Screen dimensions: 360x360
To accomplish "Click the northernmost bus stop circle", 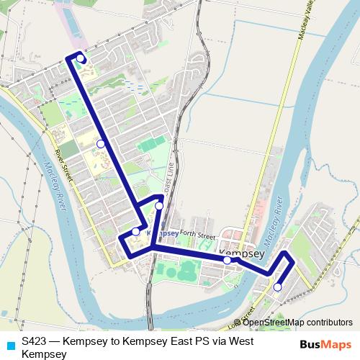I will pyautogui.click(x=81, y=58).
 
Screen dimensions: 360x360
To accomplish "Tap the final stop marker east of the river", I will pyautogui.click(x=277, y=287).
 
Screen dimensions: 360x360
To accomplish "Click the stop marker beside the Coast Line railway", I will pyautogui.click(x=159, y=206).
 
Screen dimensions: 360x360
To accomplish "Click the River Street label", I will pyautogui.click(x=64, y=166).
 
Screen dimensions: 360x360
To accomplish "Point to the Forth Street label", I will pyautogui.click(x=199, y=235).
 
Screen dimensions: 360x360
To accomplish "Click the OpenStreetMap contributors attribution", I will pyautogui.click(x=297, y=323).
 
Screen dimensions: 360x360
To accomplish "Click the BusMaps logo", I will pyautogui.click(x=326, y=344).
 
